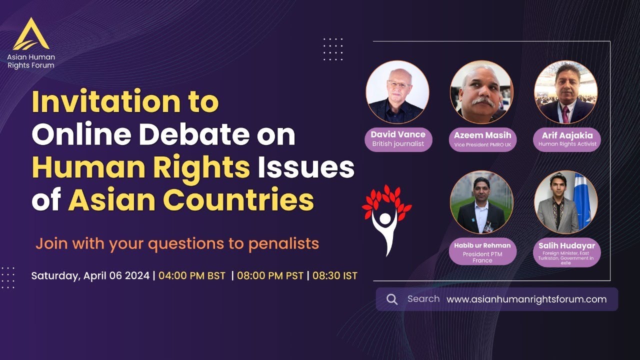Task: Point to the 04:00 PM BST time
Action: pos(192,275)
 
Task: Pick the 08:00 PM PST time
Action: pos(270,275)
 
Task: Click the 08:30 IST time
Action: pos(335,275)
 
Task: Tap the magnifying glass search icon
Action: pos(392,299)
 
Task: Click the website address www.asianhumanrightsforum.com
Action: pos(526,299)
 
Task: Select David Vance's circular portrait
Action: pos(397,92)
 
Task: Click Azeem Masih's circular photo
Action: pos(481,92)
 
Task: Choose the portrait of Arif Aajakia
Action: pos(565,92)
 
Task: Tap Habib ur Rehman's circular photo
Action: pos(481,202)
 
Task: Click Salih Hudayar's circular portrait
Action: pos(565,202)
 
